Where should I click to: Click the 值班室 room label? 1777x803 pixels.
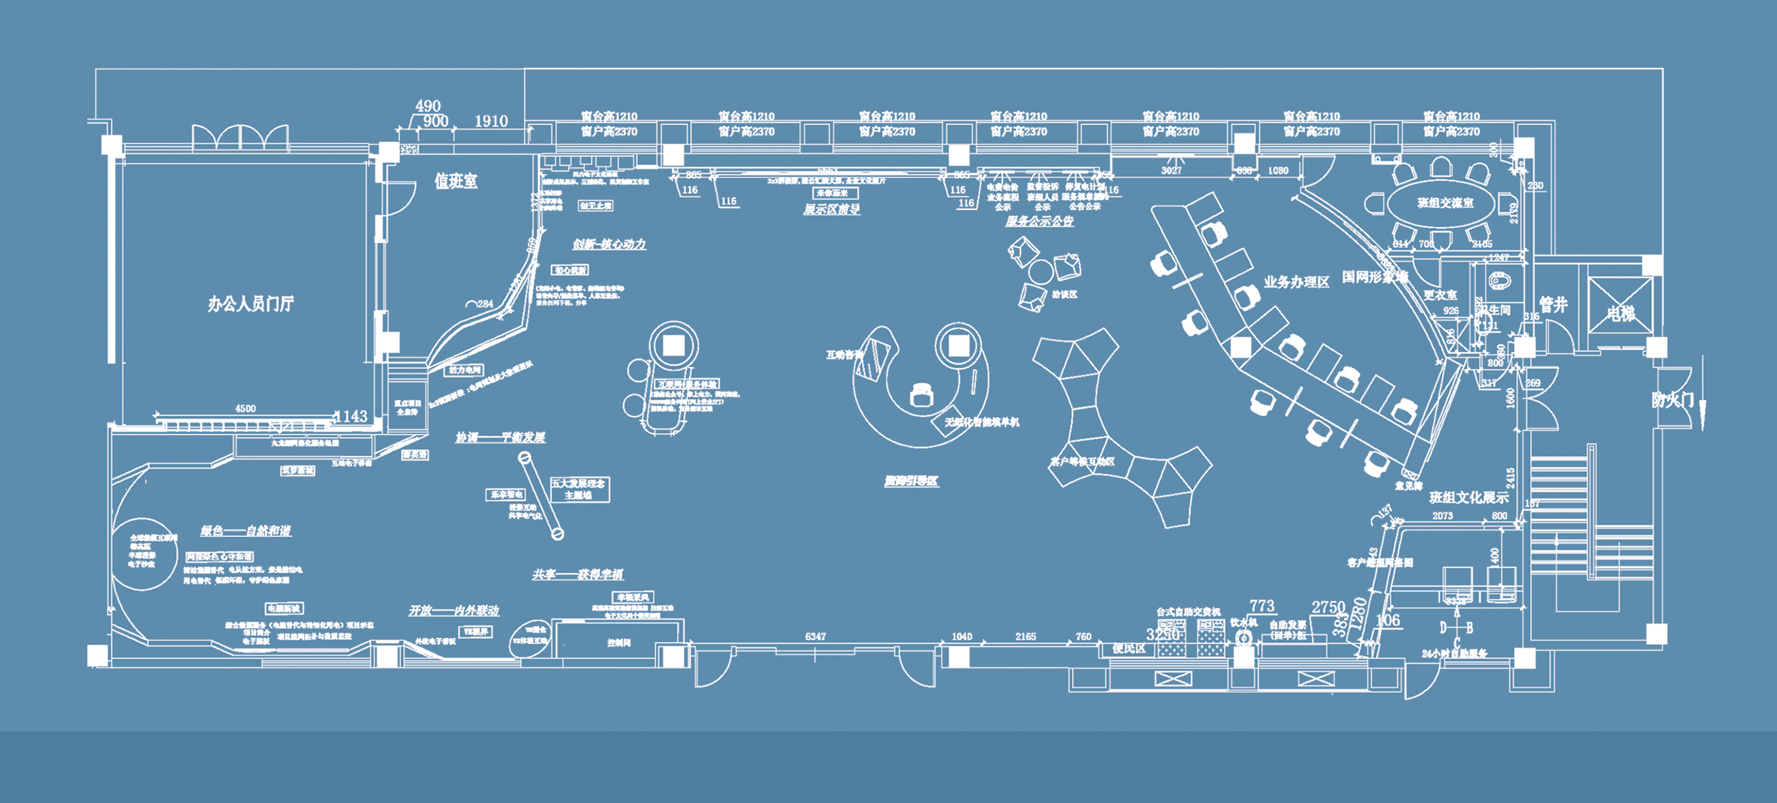(456, 181)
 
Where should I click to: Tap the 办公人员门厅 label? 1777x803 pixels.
(250, 304)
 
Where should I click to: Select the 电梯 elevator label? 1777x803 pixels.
(1620, 313)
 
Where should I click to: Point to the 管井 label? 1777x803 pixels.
(1553, 305)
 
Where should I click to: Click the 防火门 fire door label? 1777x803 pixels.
(1672, 400)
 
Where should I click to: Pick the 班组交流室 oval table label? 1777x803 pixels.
(1445, 204)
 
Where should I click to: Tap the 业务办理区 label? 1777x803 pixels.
(1296, 282)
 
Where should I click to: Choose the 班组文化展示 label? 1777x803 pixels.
(1469, 498)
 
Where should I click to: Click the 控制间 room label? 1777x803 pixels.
(618, 643)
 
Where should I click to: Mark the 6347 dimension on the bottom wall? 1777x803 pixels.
(815, 636)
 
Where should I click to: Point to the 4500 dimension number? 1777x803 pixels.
(245, 409)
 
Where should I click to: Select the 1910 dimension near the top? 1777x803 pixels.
(491, 121)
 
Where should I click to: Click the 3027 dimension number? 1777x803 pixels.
(1172, 171)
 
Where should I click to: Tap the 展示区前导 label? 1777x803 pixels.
(831, 209)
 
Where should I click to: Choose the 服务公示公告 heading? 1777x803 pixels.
(1039, 222)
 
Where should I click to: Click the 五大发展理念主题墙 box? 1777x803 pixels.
(578, 489)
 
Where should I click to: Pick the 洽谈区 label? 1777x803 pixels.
(1065, 295)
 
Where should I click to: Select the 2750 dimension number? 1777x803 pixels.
(1328, 607)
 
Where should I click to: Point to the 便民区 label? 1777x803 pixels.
(1129, 649)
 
